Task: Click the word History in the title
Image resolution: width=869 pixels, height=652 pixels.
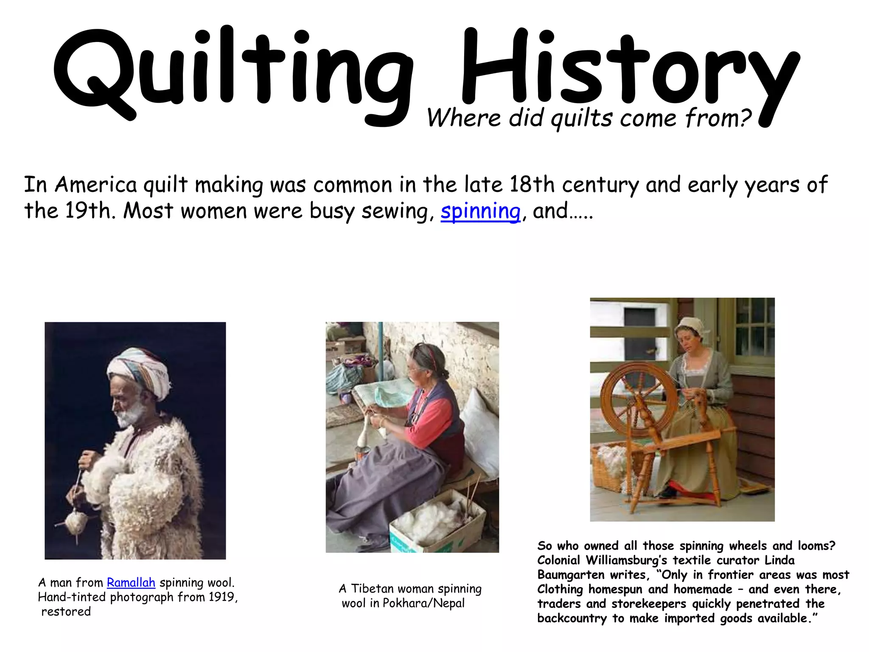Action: [628, 70]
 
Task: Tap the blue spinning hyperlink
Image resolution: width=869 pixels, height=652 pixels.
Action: [480, 211]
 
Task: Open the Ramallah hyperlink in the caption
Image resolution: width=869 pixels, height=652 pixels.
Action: [131, 582]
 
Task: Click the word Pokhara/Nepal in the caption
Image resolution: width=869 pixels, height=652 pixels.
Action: [423, 603]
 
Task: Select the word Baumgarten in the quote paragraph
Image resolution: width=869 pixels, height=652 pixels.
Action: [570, 575]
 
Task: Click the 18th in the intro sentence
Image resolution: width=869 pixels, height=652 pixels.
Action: [532, 185]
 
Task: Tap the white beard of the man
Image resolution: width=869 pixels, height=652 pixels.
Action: [129, 414]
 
